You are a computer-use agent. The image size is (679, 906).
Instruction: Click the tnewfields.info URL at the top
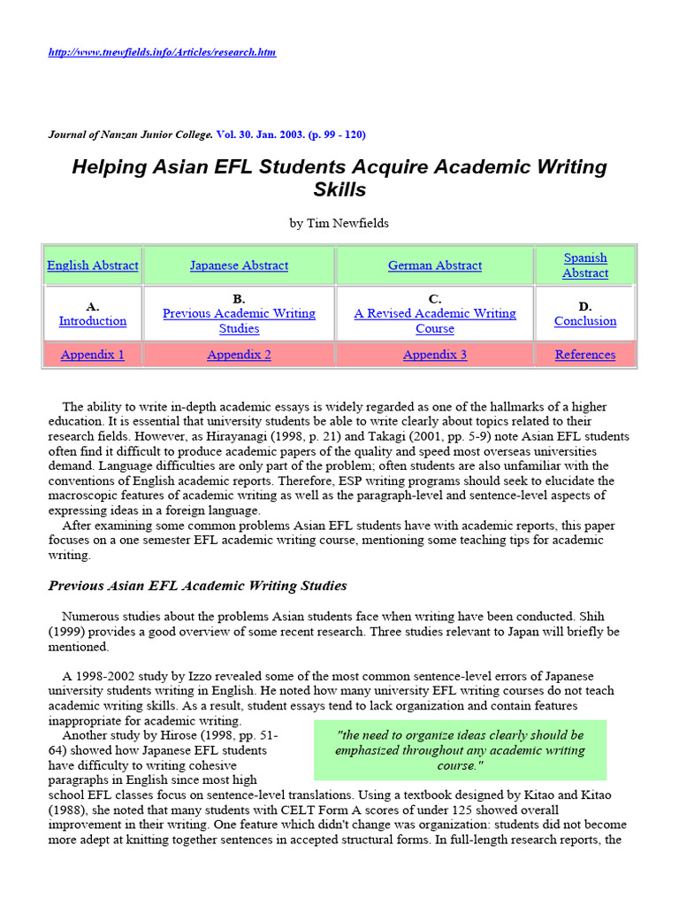click(x=162, y=52)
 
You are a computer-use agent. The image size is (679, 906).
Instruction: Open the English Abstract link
click(x=93, y=265)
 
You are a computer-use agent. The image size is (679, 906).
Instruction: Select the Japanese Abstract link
click(x=239, y=265)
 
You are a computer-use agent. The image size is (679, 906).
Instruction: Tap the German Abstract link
click(x=435, y=265)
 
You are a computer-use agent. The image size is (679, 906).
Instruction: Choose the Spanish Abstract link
click(x=585, y=265)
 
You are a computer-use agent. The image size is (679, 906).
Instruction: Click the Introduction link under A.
click(x=93, y=321)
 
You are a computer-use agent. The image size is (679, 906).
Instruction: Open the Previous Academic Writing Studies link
click(x=239, y=321)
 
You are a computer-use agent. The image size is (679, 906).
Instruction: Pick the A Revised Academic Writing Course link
click(x=435, y=321)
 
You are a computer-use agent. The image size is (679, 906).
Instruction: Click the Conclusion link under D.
click(x=585, y=321)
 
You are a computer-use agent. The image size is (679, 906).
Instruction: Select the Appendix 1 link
click(x=93, y=355)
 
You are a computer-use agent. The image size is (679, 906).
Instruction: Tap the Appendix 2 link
click(x=239, y=355)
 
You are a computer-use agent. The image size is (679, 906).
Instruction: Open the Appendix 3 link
click(x=435, y=355)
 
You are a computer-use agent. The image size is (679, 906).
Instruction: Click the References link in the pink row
click(x=585, y=355)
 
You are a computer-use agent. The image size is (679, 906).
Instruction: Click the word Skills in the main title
click(x=339, y=189)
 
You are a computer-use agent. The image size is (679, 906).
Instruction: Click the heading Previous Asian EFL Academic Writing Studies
click(x=197, y=586)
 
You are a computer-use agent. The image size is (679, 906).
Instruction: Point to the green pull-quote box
click(x=460, y=749)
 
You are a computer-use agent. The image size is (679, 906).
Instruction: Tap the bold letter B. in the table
click(x=239, y=299)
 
